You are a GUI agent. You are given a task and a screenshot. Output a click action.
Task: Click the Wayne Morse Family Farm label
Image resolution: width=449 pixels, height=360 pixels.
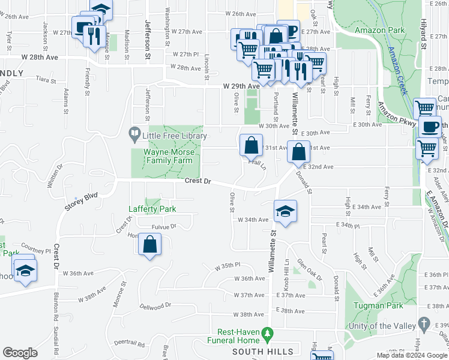click(168, 157)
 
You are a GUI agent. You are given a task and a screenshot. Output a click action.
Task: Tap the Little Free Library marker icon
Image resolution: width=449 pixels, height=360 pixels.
click(135, 132)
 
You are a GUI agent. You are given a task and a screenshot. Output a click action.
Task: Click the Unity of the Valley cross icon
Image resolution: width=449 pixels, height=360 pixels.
click(424, 325)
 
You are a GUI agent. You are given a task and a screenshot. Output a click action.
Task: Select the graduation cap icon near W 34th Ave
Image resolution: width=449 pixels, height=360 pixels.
click(286, 211)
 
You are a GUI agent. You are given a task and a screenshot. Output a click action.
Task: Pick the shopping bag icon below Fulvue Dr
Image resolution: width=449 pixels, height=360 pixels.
click(149, 244)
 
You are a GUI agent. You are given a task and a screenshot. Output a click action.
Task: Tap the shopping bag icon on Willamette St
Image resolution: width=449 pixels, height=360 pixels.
click(298, 152)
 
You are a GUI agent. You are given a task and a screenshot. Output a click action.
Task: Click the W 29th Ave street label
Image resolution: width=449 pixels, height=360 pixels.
click(241, 86)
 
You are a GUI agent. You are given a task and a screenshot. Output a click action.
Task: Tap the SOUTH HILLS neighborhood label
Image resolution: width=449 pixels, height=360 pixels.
click(262, 351)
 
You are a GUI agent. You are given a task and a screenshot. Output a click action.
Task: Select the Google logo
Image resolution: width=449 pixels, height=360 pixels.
click(20, 353)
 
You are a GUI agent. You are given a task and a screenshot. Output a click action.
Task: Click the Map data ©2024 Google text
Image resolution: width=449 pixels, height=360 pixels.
click(411, 355)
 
